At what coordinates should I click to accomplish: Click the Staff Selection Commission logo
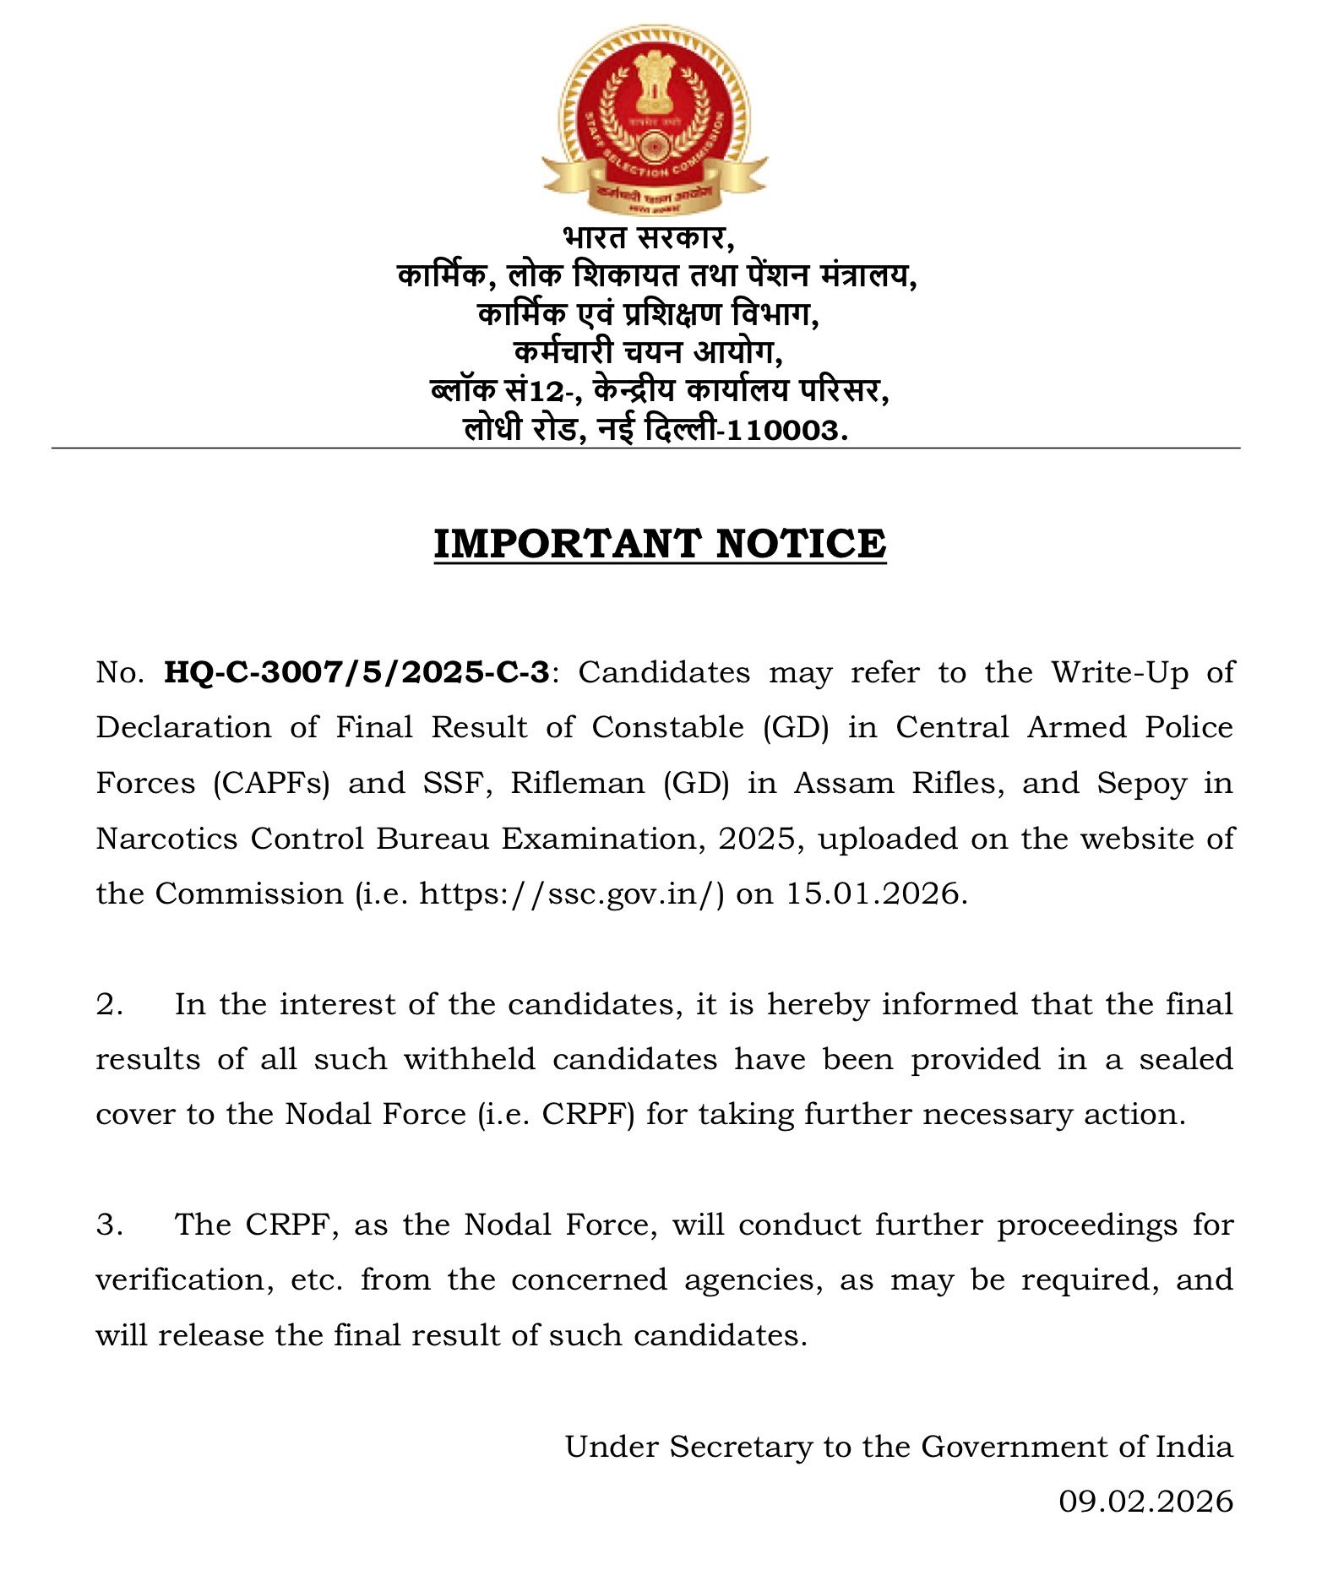[655, 118]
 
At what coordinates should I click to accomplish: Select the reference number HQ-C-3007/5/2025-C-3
[356, 673]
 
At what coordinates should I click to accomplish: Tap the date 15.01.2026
[876, 894]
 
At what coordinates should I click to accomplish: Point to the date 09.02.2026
[1145, 1501]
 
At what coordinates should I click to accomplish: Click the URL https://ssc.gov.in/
[572, 894]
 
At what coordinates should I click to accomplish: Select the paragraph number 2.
[110, 1004]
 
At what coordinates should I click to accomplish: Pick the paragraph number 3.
[110, 1225]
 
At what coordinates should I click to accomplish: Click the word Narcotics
[166, 839]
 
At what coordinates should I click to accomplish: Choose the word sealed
[1186, 1059]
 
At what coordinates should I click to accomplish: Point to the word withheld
[469, 1059]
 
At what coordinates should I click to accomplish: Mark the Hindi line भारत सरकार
[648, 237]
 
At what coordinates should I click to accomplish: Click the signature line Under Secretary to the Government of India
[899, 1447]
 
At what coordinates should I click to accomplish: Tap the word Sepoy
[1141, 784]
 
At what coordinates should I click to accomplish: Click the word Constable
[667, 728]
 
